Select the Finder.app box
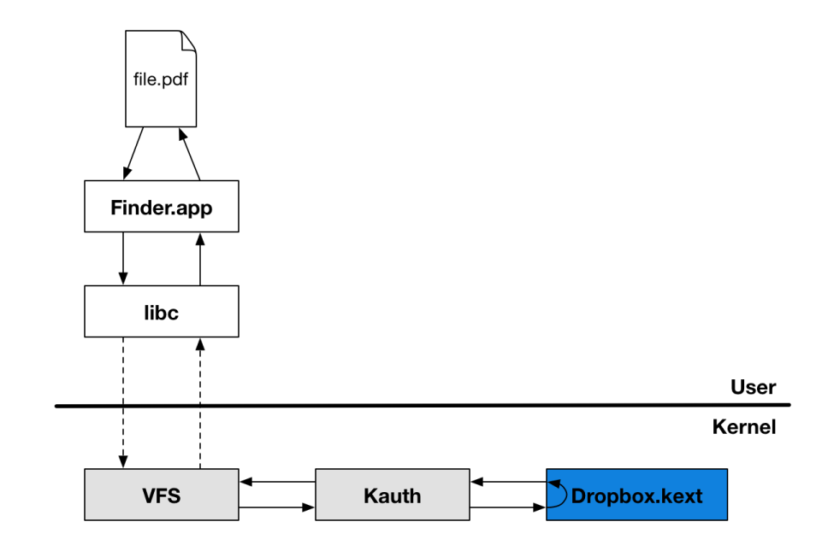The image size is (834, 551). (161, 206)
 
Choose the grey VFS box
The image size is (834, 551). (161, 495)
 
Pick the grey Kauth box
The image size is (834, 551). (392, 495)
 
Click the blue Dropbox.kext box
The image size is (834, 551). (636, 495)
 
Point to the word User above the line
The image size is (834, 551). (753, 387)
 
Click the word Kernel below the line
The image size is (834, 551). (743, 427)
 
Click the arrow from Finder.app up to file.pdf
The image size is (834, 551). (190, 155)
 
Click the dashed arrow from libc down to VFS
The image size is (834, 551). (123, 402)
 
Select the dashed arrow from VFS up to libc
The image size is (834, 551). (199, 402)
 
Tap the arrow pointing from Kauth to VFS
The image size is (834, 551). (277, 482)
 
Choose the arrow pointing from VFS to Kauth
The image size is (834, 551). (277, 508)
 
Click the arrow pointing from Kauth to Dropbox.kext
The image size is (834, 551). (508, 508)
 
